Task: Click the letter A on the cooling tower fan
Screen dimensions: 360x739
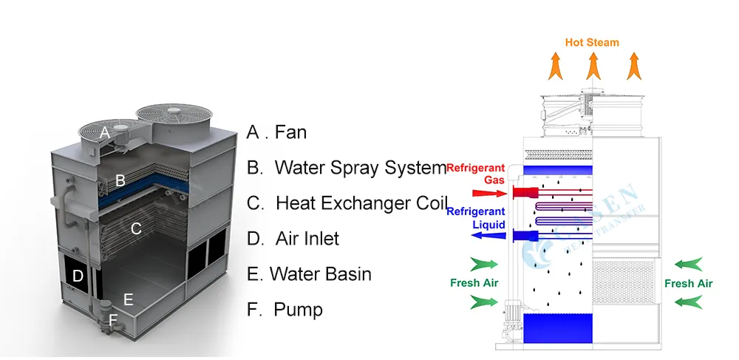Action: click(x=106, y=133)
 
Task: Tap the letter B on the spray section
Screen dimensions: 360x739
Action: click(x=120, y=180)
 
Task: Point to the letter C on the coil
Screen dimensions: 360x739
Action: click(x=136, y=228)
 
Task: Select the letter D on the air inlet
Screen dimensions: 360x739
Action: click(x=78, y=276)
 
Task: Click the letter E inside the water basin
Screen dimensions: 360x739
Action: click(x=128, y=299)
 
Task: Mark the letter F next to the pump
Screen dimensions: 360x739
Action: click(x=113, y=320)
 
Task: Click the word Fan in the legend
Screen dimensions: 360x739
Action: click(x=290, y=133)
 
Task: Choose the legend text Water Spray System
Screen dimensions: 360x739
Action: click(x=360, y=168)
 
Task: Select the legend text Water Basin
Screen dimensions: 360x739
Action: click(x=320, y=274)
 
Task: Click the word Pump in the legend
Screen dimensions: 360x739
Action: click(x=298, y=309)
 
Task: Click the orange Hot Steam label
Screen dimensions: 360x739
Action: click(x=592, y=42)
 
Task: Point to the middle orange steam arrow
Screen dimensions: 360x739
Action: click(x=593, y=67)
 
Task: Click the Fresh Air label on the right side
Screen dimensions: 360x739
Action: click(x=688, y=283)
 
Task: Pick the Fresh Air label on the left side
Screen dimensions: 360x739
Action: click(x=474, y=282)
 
